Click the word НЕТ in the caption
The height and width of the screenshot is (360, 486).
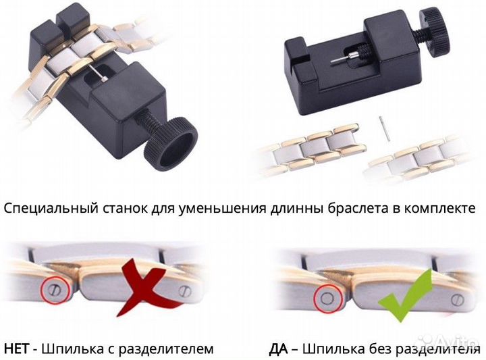tap(20, 349)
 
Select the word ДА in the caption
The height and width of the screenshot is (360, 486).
tap(279, 349)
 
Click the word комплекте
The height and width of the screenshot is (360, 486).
tap(448, 208)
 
